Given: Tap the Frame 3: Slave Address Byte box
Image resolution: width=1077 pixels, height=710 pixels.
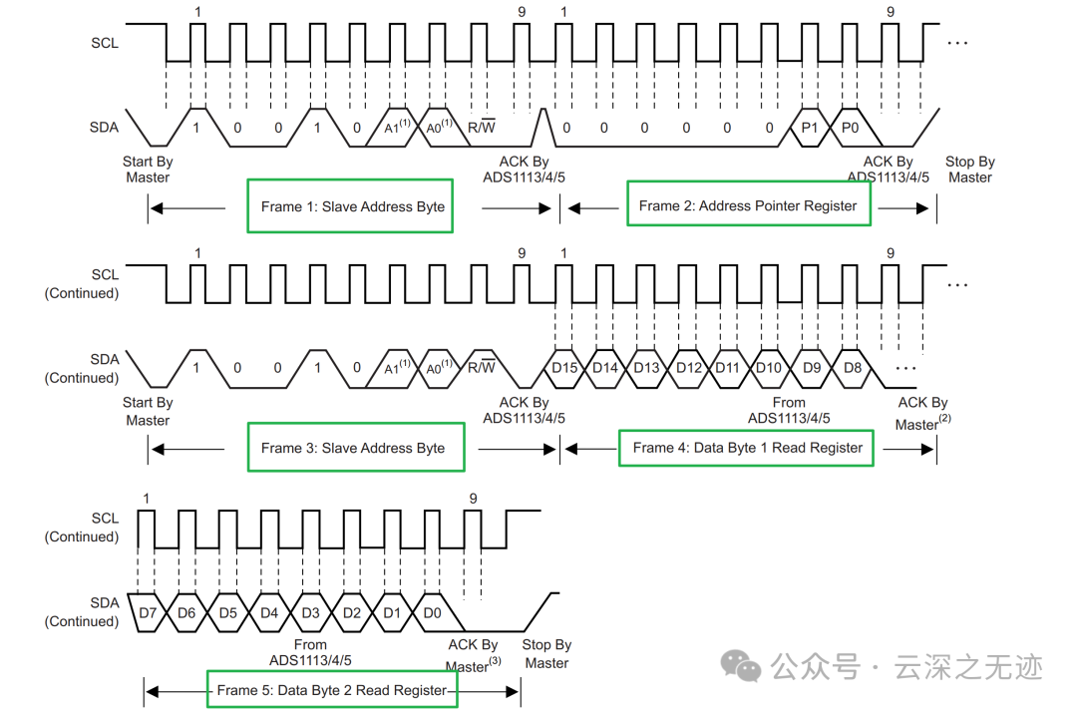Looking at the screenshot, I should point(355,448).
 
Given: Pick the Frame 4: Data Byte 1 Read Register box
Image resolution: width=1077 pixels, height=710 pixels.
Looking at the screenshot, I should point(747,448).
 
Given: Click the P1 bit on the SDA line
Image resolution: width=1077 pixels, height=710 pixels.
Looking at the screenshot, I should point(810,128).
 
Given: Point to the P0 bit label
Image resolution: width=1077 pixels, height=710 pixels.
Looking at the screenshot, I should point(850,128).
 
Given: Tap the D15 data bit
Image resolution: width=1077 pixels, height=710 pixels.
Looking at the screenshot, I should point(564,368).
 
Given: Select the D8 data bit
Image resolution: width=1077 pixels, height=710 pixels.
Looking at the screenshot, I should point(853,368).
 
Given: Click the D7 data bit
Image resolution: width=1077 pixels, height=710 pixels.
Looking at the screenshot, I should point(149,612).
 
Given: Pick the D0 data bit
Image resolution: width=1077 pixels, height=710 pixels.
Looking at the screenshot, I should point(432,612).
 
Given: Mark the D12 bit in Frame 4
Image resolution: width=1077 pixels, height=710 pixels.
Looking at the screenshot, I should point(688,368).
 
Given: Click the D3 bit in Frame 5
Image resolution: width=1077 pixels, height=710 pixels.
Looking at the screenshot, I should point(310,612).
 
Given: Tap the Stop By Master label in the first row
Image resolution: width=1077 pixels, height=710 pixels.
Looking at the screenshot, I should point(970,170).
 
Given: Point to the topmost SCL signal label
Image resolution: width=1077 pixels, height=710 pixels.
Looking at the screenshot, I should point(104,43).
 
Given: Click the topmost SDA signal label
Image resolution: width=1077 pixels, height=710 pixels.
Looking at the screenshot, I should point(104,127).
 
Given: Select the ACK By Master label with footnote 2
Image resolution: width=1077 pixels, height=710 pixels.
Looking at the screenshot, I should point(922,414).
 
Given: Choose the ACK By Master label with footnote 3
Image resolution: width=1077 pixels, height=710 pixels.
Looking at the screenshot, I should point(473,655).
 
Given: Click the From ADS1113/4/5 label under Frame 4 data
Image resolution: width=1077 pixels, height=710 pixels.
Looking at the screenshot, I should point(789,410).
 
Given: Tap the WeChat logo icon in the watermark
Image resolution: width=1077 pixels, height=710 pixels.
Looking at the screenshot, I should point(739,665).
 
